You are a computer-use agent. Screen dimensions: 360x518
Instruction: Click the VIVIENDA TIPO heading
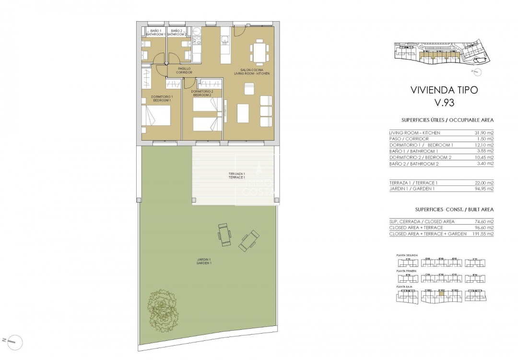(x=444, y=90)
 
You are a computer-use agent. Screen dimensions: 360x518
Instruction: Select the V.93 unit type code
(x=444, y=102)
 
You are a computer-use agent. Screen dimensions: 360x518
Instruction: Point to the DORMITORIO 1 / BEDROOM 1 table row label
(x=421, y=145)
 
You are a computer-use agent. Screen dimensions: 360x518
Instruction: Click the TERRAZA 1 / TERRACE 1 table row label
(x=413, y=183)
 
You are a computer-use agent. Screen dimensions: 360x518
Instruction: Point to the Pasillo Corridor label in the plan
(x=185, y=70)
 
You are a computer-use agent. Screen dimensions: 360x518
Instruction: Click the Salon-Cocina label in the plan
(x=252, y=72)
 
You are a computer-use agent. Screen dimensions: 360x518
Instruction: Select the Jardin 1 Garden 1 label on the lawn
(x=204, y=262)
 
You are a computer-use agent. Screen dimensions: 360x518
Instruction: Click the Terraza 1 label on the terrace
(x=237, y=176)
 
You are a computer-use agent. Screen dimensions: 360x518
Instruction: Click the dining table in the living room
(x=259, y=52)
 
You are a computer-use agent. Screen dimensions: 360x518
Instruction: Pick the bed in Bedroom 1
(x=157, y=115)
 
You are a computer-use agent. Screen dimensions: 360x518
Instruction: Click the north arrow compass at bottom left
(x=13, y=341)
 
